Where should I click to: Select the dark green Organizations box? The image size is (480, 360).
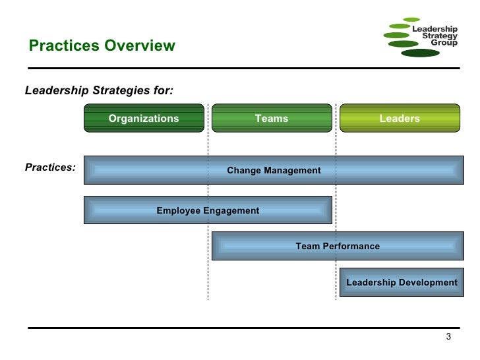[144, 119]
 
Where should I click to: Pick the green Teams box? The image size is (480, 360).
[272, 119]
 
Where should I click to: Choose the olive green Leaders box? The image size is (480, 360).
[400, 119]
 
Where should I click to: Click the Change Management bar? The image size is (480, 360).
[274, 170]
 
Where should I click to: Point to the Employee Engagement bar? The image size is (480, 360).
[208, 210]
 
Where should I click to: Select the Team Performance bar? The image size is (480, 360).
[338, 246]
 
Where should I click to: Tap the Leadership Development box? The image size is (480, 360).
[402, 282]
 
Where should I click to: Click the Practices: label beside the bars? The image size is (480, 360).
[50, 167]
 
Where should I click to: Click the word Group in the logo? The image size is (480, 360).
[444, 44]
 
